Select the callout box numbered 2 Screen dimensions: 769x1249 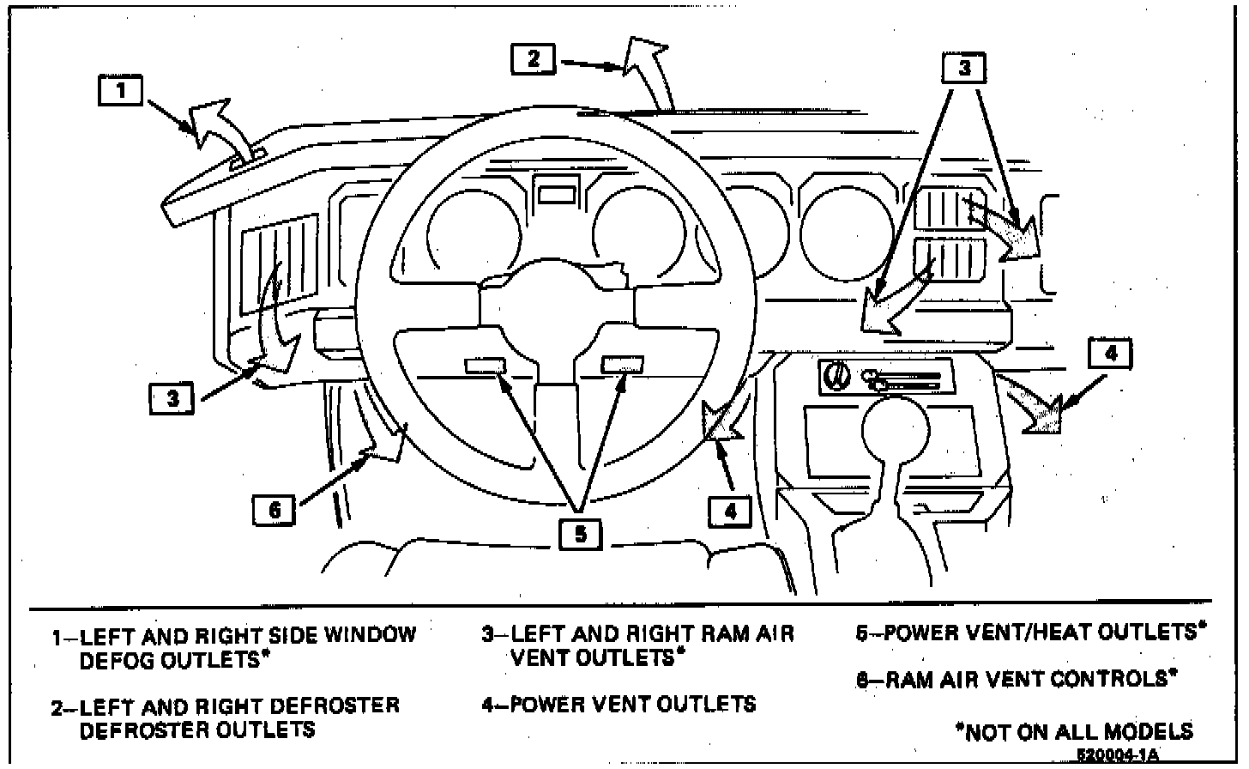coord(534,59)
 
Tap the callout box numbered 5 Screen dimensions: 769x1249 coord(581,534)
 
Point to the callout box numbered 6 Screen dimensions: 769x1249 coord(275,509)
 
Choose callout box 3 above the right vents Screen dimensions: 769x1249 coord(963,68)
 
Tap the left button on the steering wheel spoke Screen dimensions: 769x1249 coord(486,366)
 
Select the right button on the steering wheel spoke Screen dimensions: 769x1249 coord(622,365)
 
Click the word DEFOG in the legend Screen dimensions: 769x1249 coord(117,660)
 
